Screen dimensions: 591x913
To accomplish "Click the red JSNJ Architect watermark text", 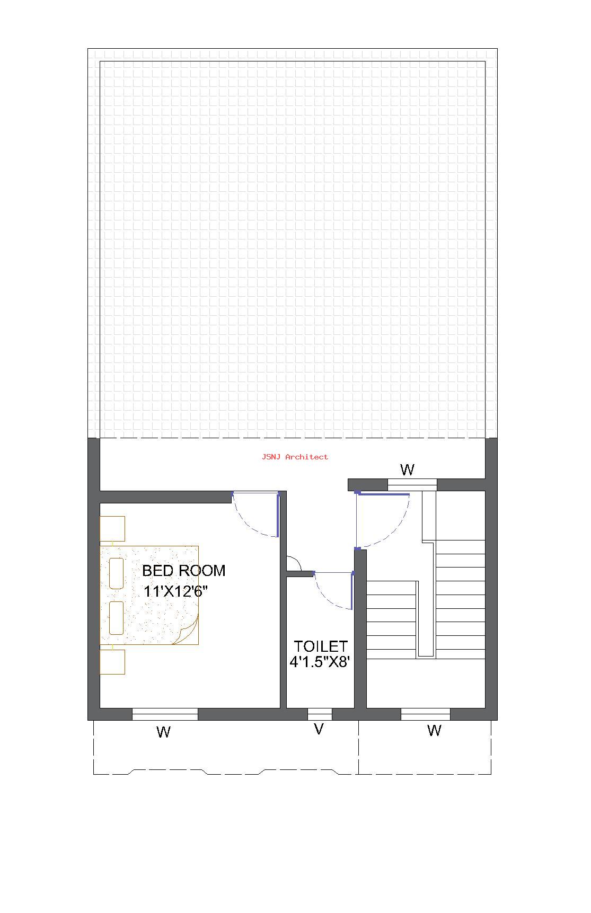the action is click(295, 457).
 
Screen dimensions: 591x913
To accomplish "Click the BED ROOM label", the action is click(184, 571).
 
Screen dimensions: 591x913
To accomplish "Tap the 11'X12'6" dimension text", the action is click(175, 591).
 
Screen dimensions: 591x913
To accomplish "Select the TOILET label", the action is click(321, 646).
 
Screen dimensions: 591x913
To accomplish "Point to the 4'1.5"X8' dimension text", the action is click(320, 662).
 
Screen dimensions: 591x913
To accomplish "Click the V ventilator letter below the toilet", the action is click(319, 729).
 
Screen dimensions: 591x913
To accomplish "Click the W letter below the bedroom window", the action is click(164, 732).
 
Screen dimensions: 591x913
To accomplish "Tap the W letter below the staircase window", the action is click(434, 731).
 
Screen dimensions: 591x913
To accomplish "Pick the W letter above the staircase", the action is click(407, 469).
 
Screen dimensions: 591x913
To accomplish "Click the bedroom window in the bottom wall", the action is click(165, 714).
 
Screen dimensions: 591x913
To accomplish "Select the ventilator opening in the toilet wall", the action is click(320, 714).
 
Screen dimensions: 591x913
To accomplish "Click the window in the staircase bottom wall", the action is click(425, 714).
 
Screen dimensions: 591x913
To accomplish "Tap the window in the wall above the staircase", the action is click(412, 485).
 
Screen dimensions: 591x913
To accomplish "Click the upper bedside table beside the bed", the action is click(112, 529).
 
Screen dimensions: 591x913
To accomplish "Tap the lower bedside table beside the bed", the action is click(112, 662).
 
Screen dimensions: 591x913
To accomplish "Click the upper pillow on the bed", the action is click(117, 573).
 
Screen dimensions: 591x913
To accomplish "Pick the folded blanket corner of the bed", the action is click(187, 632).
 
